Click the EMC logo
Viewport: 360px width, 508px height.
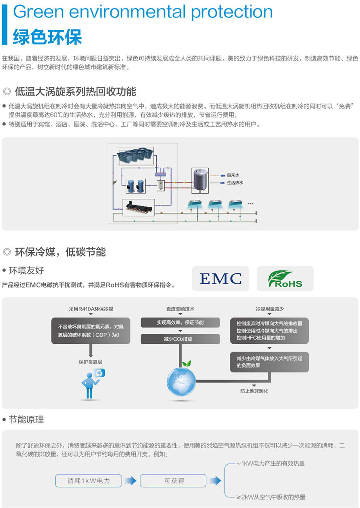(220, 278)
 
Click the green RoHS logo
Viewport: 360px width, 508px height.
(285, 278)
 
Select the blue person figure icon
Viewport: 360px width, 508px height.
(90, 385)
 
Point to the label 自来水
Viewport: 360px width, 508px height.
(233, 176)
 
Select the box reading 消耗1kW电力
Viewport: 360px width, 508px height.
(88, 481)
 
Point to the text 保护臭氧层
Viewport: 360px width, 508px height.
(90, 362)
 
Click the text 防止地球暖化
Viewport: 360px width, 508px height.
(254, 391)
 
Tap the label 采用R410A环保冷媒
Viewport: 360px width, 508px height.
(91, 309)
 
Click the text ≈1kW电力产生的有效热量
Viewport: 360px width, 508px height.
(270, 463)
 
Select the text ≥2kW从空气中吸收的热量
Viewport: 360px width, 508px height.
(270, 497)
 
